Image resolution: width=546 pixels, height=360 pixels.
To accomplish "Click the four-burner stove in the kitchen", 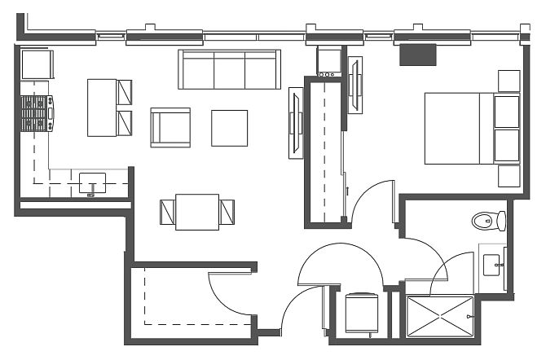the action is [x=37, y=114].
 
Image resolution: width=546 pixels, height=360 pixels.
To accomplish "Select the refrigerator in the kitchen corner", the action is [x=37, y=64].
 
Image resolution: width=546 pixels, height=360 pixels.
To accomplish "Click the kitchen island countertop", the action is [x=102, y=107].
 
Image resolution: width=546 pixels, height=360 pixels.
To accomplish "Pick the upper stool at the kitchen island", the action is [x=125, y=92].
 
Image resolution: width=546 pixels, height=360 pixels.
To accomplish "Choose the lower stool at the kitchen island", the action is [x=125, y=123].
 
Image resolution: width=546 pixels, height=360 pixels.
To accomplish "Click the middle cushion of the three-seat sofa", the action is [x=229, y=70].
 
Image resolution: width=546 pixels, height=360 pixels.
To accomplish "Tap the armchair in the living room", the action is [x=170, y=127].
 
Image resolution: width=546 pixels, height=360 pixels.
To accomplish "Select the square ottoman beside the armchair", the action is [x=229, y=128].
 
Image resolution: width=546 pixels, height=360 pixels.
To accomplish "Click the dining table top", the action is [x=197, y=212].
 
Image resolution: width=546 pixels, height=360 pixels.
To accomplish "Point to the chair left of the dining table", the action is [x=168, y=212].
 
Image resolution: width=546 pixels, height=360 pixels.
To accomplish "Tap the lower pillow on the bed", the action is [x=507, y=144].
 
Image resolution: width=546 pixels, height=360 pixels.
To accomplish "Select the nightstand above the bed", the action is [x=509, y=81].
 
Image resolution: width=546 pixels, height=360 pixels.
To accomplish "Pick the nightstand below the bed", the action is [x=509, y=177].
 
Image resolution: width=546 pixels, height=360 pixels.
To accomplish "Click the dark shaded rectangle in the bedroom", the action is [x=419, y=54].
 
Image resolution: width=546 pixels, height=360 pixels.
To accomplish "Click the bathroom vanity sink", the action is [x=492, y=264].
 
